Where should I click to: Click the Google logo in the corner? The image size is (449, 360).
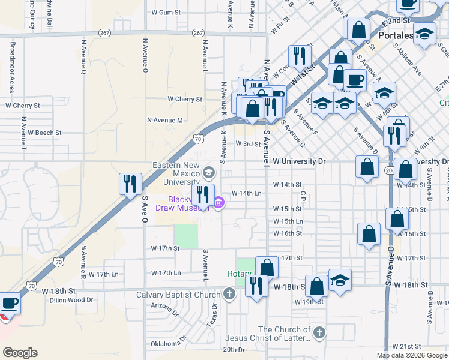point(20,352)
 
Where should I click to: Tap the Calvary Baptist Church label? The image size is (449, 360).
point(178,295)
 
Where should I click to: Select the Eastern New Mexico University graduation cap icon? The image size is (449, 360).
point(208,173)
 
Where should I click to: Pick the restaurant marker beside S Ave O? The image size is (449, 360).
point(130,184)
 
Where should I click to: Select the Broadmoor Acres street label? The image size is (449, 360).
point(11,67)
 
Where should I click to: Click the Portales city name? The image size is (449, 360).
point(395,35)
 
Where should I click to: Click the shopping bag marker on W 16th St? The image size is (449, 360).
point(369,234)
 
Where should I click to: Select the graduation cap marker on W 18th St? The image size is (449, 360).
point(340,280)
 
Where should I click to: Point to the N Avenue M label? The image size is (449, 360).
point(165,120)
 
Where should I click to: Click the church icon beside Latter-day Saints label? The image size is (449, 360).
point(319,332)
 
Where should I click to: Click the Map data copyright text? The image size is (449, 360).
point(412,355)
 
